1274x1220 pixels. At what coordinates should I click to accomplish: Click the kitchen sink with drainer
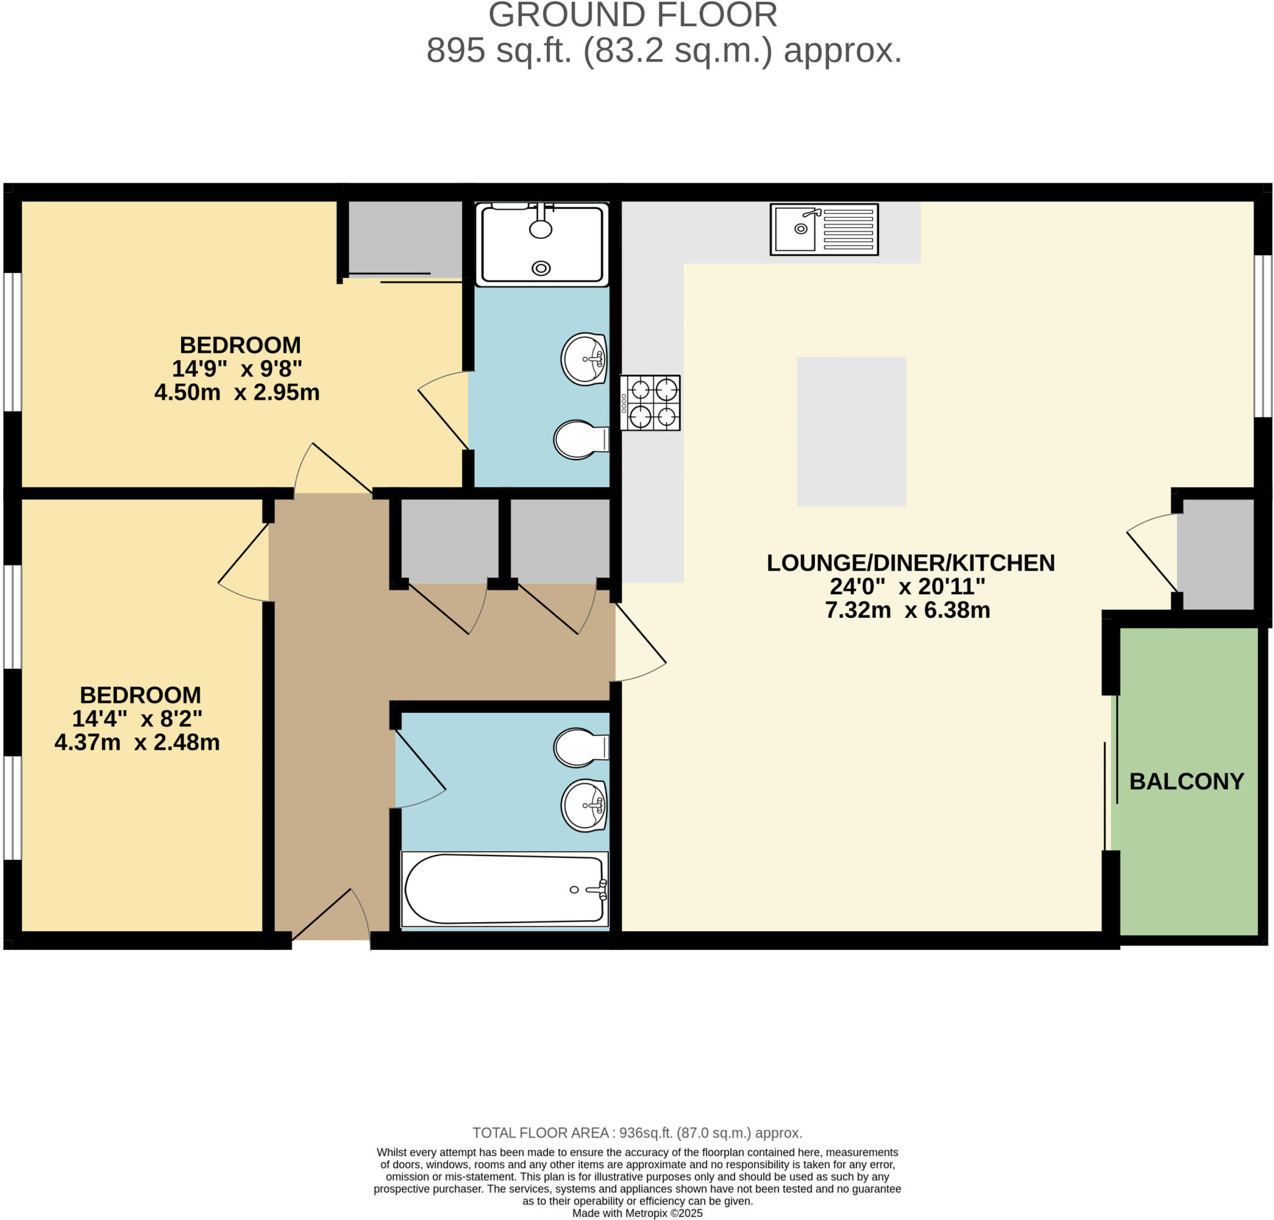[x=824, y=229]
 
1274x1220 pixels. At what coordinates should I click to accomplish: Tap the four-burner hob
[x=649, y=403]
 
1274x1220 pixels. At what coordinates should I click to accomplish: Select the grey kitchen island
[x=851, y=431]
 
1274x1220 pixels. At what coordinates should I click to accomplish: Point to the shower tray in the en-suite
[x=541, y=244]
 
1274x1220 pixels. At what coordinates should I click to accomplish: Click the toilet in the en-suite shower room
[x=580, y=439]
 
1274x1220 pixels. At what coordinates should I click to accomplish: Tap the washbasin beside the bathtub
[x=584, y=805]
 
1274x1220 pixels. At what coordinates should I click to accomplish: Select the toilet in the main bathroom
[x=580, y=747]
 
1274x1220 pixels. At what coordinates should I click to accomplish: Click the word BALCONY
[x=1186, y=781]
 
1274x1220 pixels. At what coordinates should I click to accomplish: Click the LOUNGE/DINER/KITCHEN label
[x=910, y=563]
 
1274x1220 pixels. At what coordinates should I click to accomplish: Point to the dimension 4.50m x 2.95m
[x=236, y=393]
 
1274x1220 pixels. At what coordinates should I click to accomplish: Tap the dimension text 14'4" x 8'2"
[x=137, y=719]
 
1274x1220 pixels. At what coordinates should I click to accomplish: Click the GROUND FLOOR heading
[x=633, y=16]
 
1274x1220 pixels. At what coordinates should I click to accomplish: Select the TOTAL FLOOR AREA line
[x=637, y=1133]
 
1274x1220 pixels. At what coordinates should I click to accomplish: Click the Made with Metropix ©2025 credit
[x=637, y=1213]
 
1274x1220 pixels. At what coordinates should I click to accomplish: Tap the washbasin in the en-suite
[x=584, y=359]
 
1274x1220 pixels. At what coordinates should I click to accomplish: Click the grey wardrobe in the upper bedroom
[x=404, y=239]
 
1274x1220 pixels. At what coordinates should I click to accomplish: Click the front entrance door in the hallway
[x=332, y=916]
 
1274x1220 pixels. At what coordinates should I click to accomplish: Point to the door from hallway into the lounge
[x=640, y=640]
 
